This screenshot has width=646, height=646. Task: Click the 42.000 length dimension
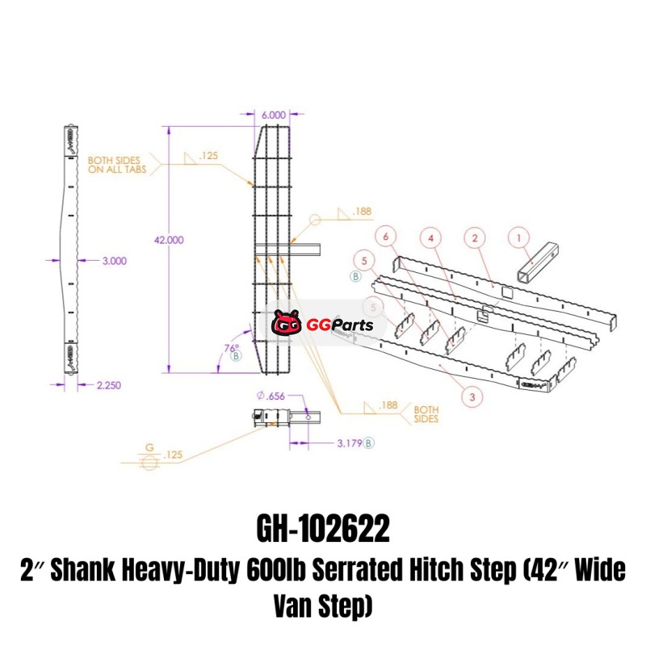[169, 240]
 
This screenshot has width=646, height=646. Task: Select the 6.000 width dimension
[274, 115]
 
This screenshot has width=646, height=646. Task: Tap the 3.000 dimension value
[115, 261]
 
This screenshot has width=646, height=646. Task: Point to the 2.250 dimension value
[109, 385]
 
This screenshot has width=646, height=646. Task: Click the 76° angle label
[232, 348]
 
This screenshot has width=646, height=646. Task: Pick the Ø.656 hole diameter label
[271, 396]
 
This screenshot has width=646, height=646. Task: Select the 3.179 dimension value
[350, 443]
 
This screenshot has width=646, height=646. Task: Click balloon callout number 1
[518, 237]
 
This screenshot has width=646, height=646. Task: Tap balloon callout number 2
[475, 237]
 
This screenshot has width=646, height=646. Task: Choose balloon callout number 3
[472, 396]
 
